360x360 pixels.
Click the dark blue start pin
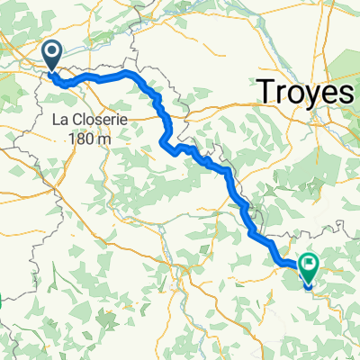coord(51,56)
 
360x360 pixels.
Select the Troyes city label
coord(307,92)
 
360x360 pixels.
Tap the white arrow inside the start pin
coord(51,53)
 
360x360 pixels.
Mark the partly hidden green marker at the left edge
coord(2,306)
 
